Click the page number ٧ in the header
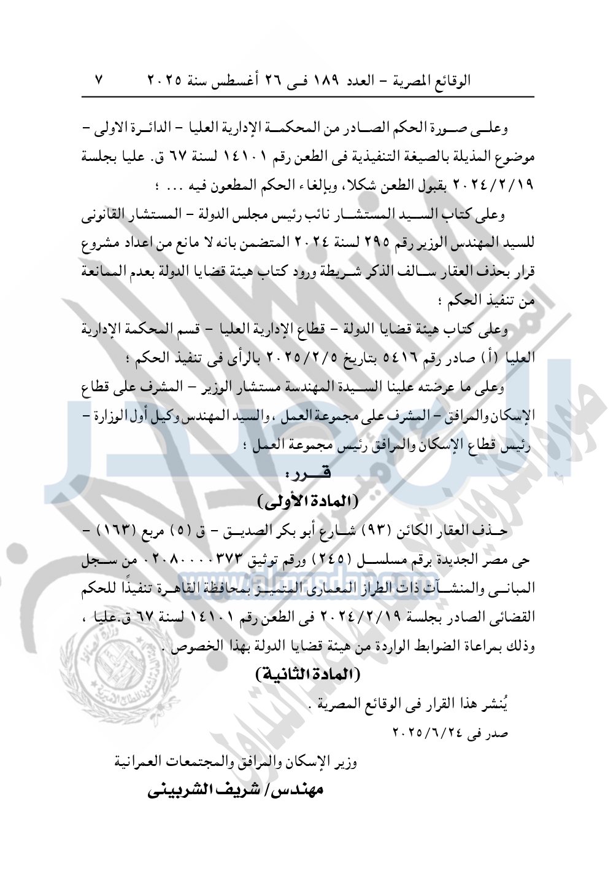[99, 80]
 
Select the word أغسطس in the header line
[235, 80]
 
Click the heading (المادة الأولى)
[308, 501]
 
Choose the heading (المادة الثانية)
[308, 674]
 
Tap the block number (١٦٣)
[115, 531]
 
